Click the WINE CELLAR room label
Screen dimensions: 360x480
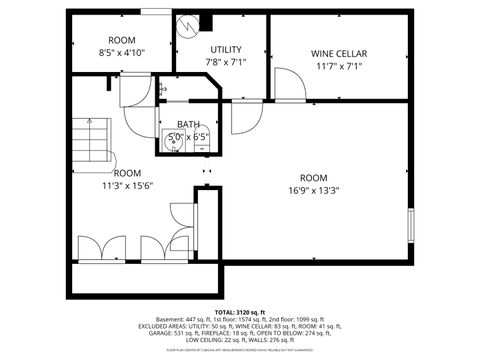(x=339, y=53)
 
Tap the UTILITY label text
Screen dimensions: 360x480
(x=225, y=49)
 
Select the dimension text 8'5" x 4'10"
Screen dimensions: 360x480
(x=122, y=52)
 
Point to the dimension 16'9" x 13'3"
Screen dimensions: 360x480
(x=314, y=190)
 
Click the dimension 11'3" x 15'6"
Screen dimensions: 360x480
(x=126, y=185)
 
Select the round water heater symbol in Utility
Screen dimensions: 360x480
(x=187, y=23)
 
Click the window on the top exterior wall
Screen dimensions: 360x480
(x=154, y=11)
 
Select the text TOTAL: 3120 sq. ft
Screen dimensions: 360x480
(x=239, y=312)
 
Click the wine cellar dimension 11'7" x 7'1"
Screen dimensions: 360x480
(x=339, y=67)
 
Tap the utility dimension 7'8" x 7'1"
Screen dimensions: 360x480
(x=225, y=62)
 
